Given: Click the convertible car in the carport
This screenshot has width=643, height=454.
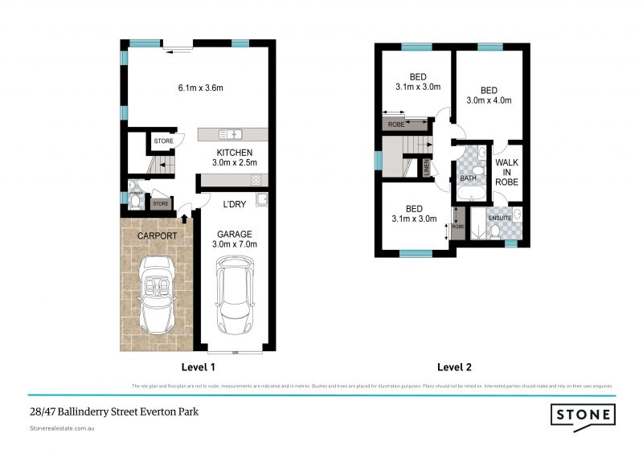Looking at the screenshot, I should point(157,293).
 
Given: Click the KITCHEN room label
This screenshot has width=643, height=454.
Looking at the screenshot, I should point(235,153).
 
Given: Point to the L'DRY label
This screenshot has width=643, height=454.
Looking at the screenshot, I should point(234,205).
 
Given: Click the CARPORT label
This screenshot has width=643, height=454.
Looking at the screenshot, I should point(156,236).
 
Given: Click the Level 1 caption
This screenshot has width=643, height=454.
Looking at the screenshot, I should point(198,367).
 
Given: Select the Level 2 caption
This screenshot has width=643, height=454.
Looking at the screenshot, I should point(454,367).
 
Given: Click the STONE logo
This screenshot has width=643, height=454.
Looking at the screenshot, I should point(583,415).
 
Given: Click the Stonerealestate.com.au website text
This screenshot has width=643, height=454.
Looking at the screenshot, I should point(65,430).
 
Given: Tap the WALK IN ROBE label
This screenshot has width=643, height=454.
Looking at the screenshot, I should point(506,173).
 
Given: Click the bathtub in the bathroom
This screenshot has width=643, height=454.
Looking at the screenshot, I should point(469,194).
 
